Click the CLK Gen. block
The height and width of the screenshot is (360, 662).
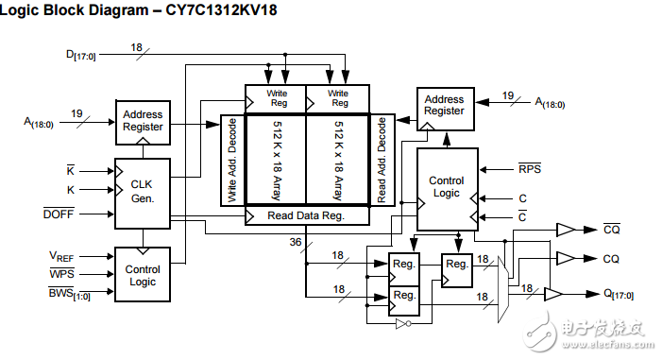point(142,193)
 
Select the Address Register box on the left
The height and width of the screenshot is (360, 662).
point(142,120)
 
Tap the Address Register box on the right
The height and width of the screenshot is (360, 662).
point(444,105)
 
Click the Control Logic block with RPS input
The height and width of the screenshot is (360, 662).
point(446,187)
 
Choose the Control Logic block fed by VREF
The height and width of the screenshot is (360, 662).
point(142,274)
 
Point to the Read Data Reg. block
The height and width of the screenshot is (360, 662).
point(306,215)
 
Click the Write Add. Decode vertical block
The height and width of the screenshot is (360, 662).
point(232,160)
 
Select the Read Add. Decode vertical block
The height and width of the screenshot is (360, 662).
point(382,160)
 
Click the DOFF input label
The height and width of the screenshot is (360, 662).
point(59,214)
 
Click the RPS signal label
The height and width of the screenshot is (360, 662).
point(530,170)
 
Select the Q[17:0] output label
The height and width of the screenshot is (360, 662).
point(618,294)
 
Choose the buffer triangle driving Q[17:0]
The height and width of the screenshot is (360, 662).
point(552,294)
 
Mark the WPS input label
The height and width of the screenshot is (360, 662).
point(61,275)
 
